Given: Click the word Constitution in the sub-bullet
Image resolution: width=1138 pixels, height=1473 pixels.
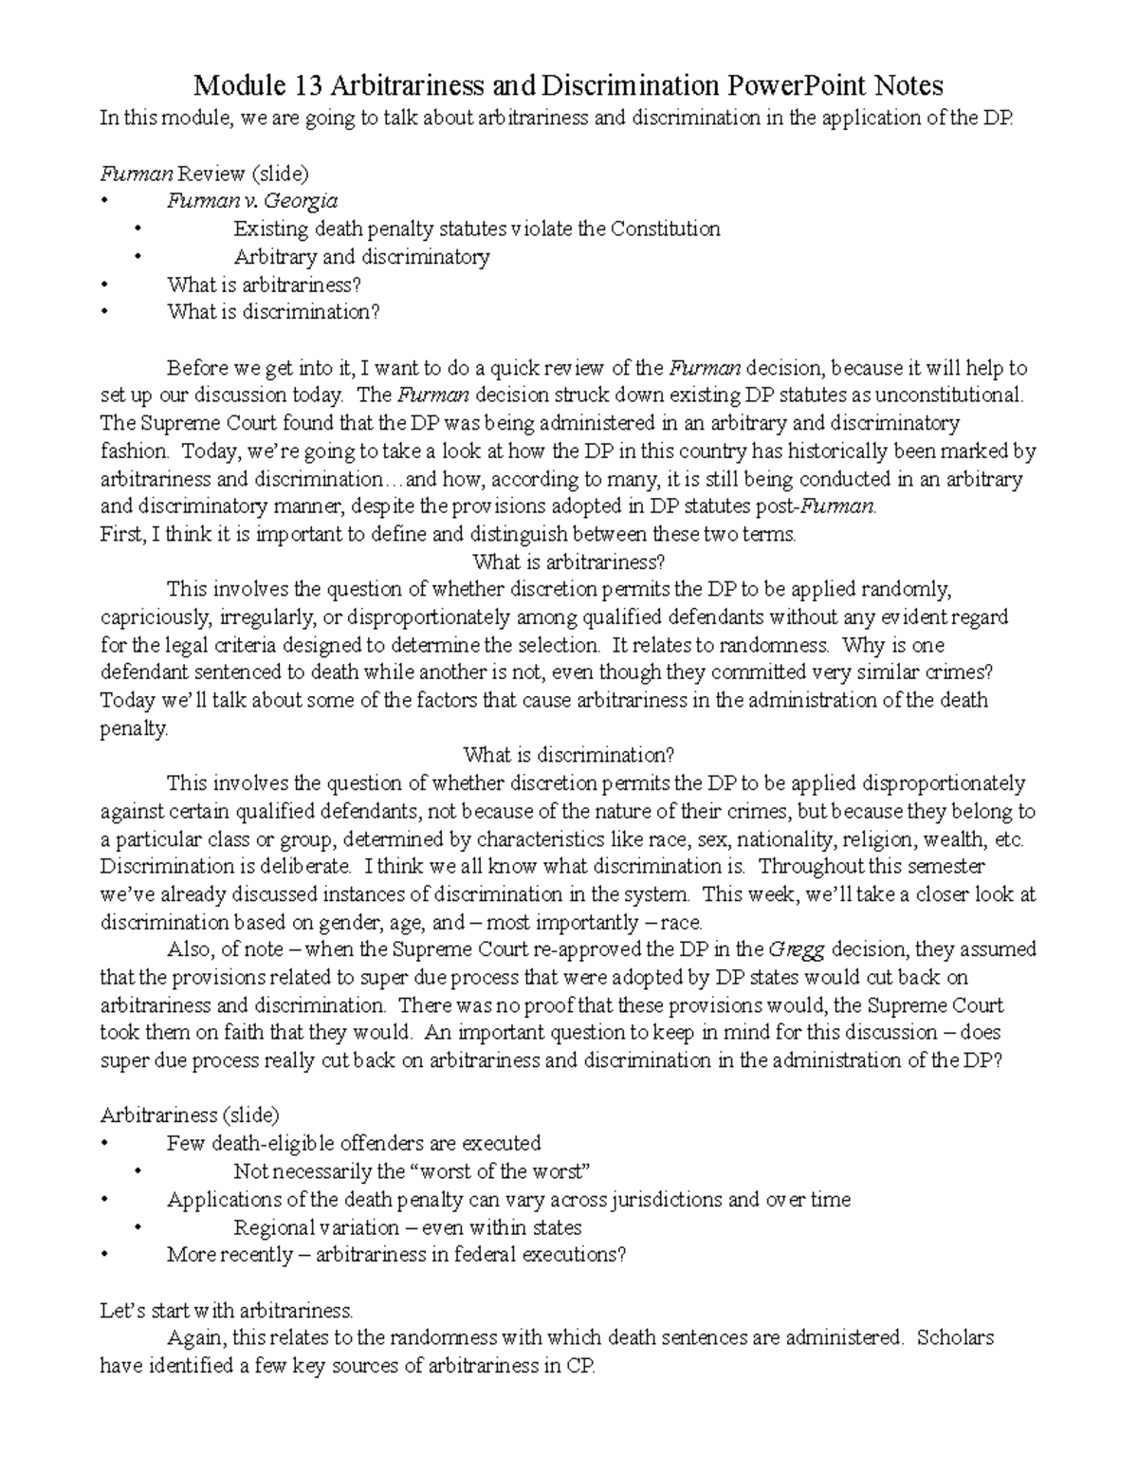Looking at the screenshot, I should (x=665, y=229).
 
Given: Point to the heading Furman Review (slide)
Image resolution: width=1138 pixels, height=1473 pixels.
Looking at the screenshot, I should (x=205, y=174).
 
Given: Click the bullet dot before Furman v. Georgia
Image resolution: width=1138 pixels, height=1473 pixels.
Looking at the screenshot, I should (x=104, y=201).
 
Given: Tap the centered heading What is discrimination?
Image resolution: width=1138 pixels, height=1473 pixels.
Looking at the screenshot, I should (x=568, y=756).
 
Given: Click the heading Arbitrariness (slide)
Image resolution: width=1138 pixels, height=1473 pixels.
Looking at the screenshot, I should (x=190, y=1115).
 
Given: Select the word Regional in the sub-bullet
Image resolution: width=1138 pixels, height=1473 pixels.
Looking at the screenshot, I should (x=272, y=1227).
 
